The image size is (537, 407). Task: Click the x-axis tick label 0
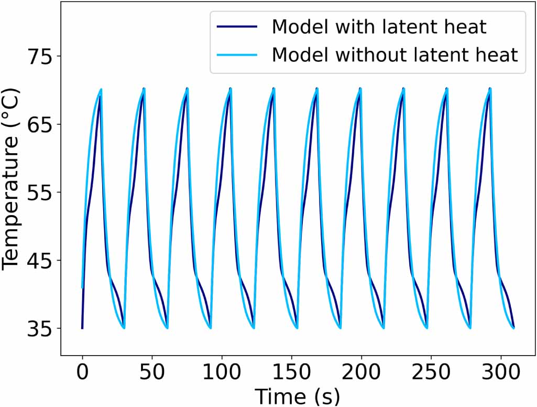pos(82,373)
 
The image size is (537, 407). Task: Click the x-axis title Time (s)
pos(298,394)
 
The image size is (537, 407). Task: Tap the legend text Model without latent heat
pos(394,54)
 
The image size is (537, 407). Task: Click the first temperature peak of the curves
pos(101,90)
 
